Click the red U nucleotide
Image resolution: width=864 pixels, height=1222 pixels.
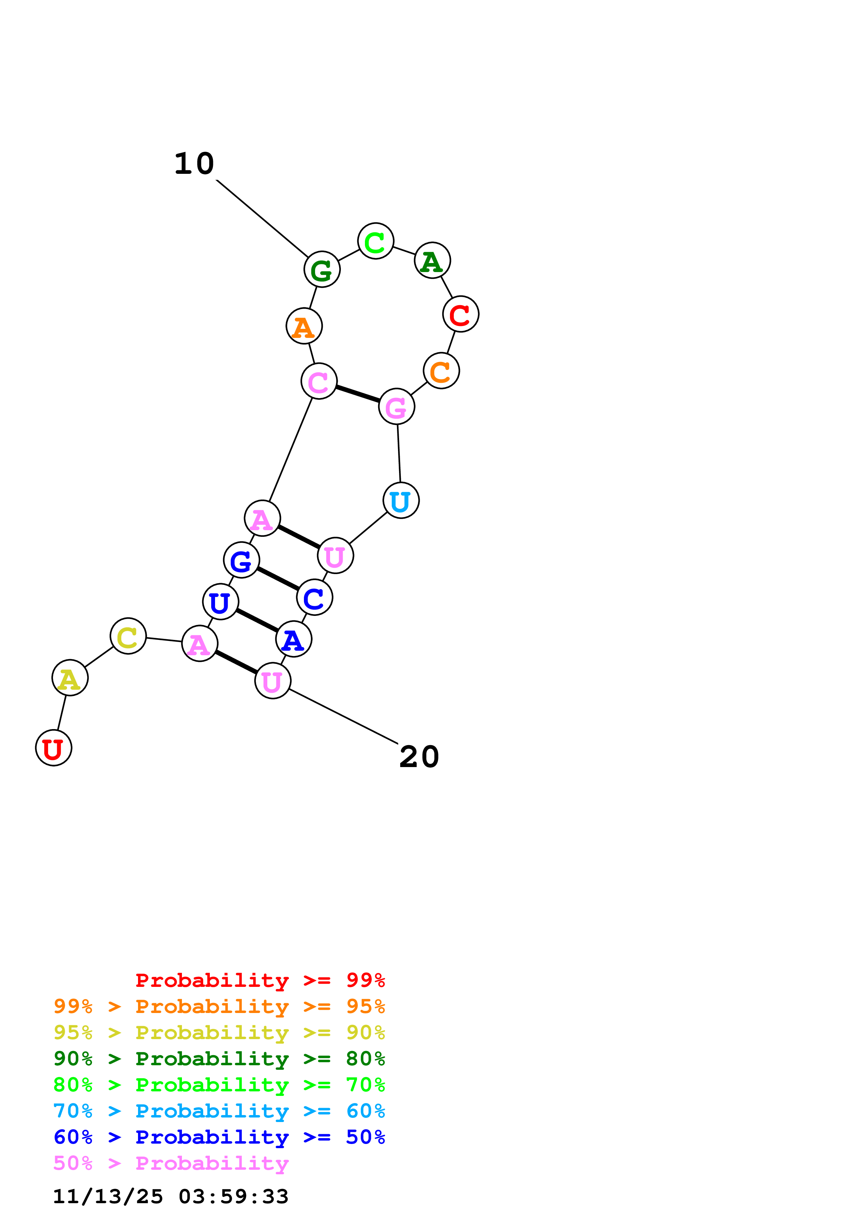pos(54,748)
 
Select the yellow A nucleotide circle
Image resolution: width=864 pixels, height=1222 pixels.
pos(70,678)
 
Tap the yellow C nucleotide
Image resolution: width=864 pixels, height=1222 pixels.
pos(128,636)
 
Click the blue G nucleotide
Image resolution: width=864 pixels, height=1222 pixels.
pos(242,560)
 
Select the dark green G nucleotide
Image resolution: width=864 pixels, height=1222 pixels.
pos(322,269)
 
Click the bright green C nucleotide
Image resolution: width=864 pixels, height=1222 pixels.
pos(376,241)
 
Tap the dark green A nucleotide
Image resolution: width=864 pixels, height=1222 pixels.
pos(432,261)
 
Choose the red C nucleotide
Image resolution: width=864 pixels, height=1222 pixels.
pos(460,314)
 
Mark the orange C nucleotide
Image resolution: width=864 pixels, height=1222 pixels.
pos(441,371)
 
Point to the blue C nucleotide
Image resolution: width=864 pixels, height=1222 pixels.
pos(315,597)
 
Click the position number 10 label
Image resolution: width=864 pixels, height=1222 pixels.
pos(194,163)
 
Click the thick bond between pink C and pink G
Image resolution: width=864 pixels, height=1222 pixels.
pos(358,394)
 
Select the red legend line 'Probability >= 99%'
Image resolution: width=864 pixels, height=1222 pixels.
pos(260,980)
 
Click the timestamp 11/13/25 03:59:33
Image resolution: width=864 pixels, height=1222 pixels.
pos(171,1197)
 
